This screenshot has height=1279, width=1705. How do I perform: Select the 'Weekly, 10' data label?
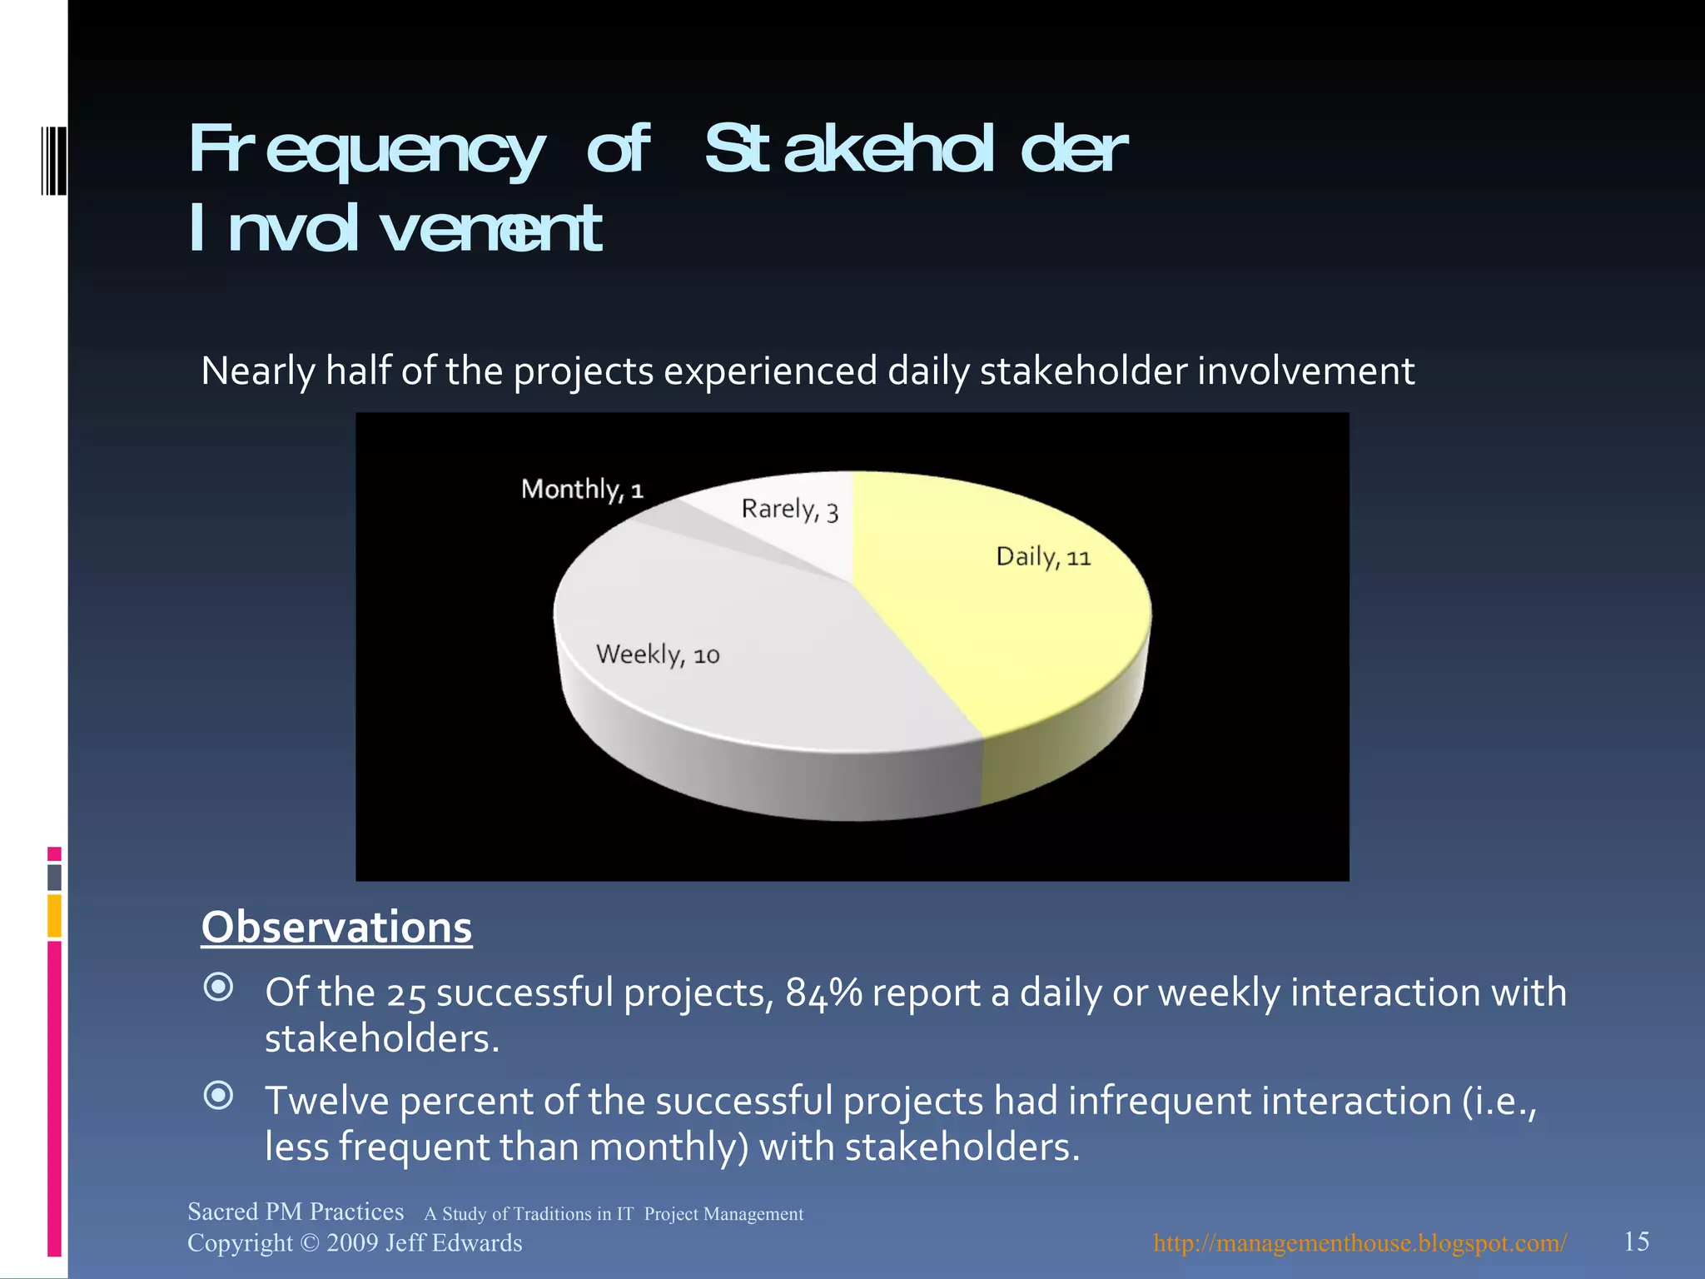point(658,654)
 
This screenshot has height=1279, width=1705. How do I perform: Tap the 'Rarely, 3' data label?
point(789,509)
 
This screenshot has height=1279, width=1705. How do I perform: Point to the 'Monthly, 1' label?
point(582,489)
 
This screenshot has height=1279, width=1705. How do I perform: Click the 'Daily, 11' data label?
point(1043,556)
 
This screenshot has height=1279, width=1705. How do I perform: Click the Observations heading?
point(336,927)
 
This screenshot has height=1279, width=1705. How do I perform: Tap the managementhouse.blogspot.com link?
point(1360,1242)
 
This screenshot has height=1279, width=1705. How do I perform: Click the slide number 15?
point(1636,1242)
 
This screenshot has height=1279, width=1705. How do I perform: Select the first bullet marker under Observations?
point(219,988)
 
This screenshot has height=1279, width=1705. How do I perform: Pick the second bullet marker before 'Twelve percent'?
point(219,1096)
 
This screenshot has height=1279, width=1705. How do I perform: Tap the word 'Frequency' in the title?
point(366,150)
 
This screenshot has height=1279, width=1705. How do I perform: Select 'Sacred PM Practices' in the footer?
point(296,1211)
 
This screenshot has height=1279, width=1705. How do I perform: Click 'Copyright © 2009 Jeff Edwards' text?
point(355,1242)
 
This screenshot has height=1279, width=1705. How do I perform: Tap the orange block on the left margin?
point(54,915)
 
